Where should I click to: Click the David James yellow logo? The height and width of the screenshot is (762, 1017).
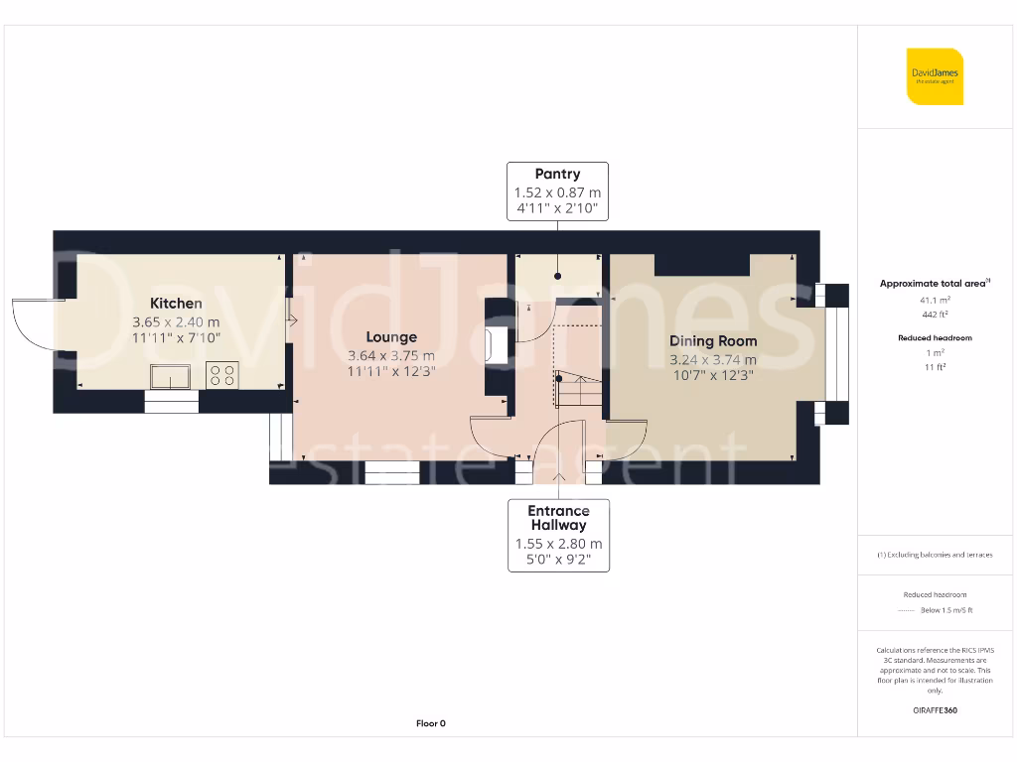click(x=935, y=76)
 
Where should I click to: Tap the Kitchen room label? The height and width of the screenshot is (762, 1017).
click(x=176, y=304)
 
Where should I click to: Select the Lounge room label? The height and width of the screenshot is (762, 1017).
click(x=391, y=337)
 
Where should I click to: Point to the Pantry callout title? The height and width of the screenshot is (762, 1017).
click(x=557, y=175)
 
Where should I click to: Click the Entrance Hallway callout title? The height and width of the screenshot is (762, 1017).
click(x=558, y=518)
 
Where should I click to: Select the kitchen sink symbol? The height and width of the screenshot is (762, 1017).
click(x=171, y=376)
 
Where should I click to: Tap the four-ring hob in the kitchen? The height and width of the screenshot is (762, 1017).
click(x=221, y=376)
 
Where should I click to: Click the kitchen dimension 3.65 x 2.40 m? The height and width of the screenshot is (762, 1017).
click(x=176, y=322)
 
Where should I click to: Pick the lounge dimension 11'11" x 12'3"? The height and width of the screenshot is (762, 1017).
click(x=391, y=372)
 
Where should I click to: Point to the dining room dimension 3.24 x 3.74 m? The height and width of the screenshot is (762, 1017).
click(x=713, y=360)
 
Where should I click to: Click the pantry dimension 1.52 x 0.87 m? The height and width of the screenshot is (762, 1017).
click(x=557, y=192)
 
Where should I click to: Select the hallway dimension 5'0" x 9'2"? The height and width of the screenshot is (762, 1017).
click(x=558, y=561)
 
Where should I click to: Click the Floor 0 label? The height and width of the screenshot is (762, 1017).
click(x=431, y=723)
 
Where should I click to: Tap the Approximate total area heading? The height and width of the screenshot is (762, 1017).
click(x=934, y=284)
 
